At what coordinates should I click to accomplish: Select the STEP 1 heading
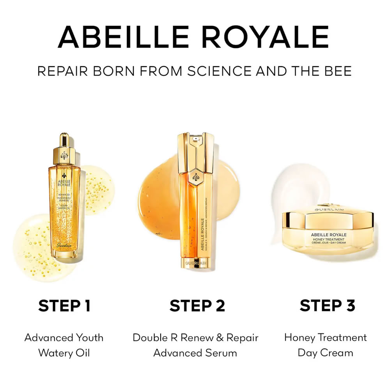pyautogui.click(x=64, y=305)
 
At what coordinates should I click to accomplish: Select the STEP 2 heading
pyautogui.click(x=197, y=305)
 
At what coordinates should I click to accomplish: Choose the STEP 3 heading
pyautogui.click(x=327, y=305)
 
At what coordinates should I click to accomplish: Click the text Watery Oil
pyautogui.click(x=64, y=353)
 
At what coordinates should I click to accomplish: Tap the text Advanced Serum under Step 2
pyautogui.click(x=195, y=353)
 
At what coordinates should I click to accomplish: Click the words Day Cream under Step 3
pyautogui.click(x=325, y=353)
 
